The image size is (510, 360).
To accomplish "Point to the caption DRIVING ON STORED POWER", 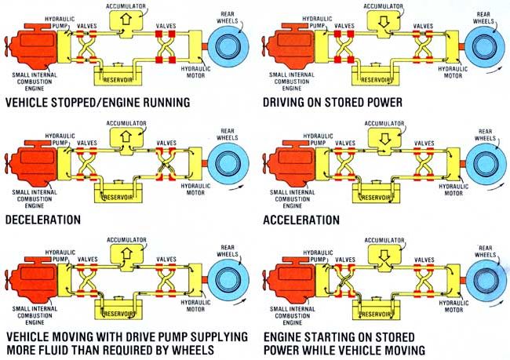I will [345, 102].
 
